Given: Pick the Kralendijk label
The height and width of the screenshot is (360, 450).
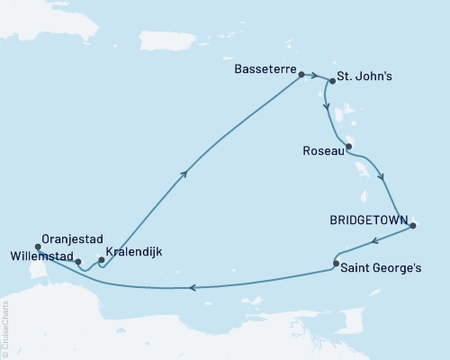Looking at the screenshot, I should click(x=134, y=252).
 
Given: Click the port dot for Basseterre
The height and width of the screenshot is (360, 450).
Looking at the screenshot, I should click(x=301, y=76).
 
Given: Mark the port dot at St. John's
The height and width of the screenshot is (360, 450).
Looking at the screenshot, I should click(x=332, y=81).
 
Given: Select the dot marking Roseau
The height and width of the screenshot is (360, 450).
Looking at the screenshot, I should click(x=349, y=147).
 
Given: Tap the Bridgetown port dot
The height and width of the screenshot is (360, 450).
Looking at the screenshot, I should click(x=412, y=225).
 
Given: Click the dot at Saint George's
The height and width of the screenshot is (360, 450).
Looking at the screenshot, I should click(x=336, y=264).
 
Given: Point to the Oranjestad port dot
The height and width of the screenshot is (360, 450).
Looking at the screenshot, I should click(x=38, y=247).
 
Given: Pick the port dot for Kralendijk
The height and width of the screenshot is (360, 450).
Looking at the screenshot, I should click(x=101, y=261).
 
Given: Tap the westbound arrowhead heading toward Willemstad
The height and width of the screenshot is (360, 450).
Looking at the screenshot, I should click(x=193, y=288).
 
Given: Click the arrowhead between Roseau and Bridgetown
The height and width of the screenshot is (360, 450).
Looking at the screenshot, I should click(x=384, y=177).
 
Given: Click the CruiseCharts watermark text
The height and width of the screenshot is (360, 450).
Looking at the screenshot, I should click(x=5, y=328).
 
